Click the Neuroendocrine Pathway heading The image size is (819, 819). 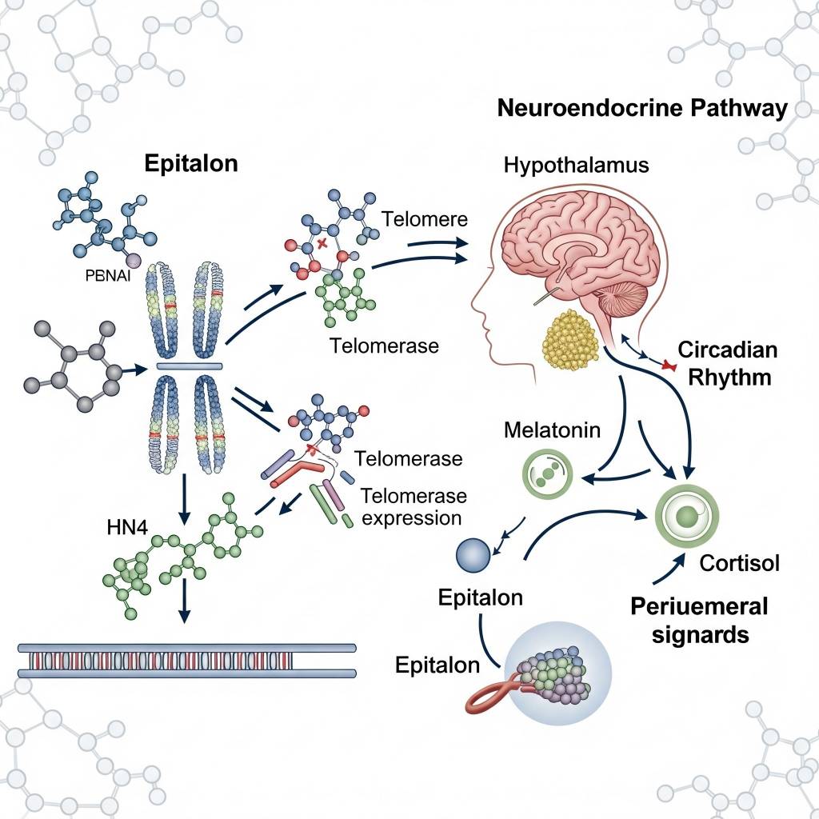click(x=642, y=109)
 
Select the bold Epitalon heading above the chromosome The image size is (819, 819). click(x=191, y=163)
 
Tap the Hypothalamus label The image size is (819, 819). click(x=576, y=166)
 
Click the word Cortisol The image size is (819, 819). click(x=739, y=562)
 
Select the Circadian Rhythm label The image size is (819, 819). click(x=726, y=363)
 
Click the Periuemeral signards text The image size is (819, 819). click(x=698, y=620)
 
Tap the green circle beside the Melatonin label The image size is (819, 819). click(x=548, y=472)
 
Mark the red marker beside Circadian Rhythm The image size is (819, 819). click(x=664, y=366)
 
